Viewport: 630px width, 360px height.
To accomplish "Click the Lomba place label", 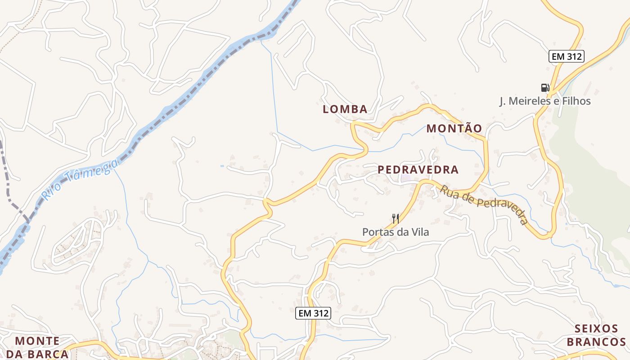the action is click(x=345, y=109).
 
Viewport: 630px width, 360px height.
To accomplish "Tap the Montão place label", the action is click(x=454, y=128).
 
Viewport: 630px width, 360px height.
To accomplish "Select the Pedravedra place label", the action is click(x=418, y=170).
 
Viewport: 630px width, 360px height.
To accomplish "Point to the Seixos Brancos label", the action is click(x=596, y=335).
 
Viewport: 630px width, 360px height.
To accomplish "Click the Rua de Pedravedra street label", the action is click(x=484, y=204).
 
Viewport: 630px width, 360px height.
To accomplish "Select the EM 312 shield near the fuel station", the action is click(x=567, y=56).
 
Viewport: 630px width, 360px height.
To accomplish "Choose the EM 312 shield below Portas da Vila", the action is click(x=313, y=313).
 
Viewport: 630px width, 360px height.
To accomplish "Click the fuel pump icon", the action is click(x=545, y=87).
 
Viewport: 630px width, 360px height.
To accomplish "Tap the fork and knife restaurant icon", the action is click(x=396, y=219).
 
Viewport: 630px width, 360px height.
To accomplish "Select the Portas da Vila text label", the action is click(x=396, y=232).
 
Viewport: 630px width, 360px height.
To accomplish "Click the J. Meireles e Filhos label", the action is click(x=545, y=101).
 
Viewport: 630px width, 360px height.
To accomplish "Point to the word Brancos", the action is click(x=596, y=342).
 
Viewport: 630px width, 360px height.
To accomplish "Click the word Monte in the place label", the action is click(x=37, y=341).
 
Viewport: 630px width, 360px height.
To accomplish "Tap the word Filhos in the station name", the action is click(x=576, y=101).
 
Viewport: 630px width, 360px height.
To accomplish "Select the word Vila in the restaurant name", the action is click(x=419, y=232).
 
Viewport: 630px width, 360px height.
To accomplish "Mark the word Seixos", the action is click(x=596, y=328).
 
